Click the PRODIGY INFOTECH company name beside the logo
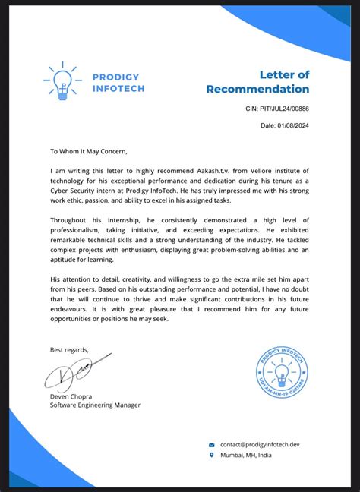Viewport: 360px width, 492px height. (x=118, y=82)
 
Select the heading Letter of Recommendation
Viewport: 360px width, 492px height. (x=257, y=81)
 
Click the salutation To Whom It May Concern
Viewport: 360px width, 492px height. (x=94, y=151)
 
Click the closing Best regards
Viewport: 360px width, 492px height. (x=69, y=349)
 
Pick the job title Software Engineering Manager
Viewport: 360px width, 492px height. (x=95, y=405)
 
